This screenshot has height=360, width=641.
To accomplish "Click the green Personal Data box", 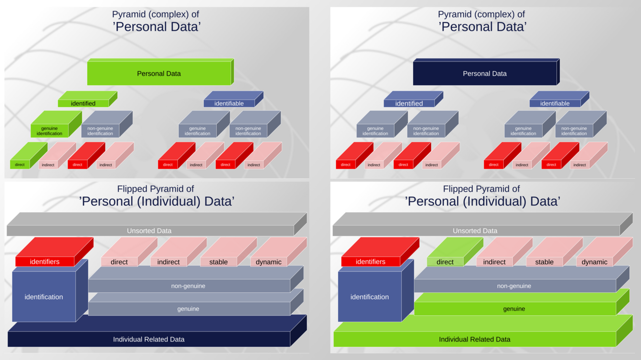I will tap(159, 73).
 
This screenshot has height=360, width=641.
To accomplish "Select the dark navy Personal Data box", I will tap(484, 73).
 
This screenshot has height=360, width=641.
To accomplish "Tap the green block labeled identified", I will tap(83, 103).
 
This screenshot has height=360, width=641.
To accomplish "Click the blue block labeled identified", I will tap(409, 103).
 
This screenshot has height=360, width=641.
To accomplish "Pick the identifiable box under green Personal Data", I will tap(229, 103).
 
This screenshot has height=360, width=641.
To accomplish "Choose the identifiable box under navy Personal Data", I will tap(554, 103).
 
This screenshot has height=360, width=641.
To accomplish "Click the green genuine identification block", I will tap(50, 131).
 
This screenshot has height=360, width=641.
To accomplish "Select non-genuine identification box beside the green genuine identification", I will tap(100, 131).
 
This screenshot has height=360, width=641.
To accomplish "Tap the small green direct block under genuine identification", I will tap(20, 164).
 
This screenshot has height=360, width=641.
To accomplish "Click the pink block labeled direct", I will tap(119, 261).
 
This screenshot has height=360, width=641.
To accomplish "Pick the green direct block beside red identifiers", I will tap(445, 261).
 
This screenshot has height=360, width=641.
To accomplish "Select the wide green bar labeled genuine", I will tap(514, 308).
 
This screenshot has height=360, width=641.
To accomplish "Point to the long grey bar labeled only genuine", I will tap(188, 308).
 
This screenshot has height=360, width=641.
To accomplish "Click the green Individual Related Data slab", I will tap(474, 339).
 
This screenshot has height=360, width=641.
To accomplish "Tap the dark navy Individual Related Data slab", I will tap(149, 339).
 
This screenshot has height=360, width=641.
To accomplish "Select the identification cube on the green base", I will tap(370, 296).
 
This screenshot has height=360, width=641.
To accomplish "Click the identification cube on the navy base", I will tap(44, 296).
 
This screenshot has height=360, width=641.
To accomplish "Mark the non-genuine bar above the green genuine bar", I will tap(514, 285).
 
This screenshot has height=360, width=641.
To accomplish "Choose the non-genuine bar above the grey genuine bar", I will tap(188, 285).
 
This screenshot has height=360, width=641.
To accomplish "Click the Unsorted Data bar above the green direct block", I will tap(475, 230).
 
